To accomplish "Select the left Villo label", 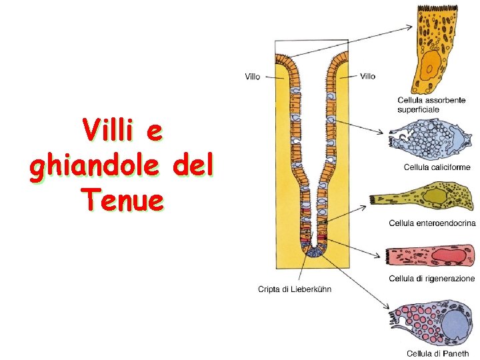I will point(252,77).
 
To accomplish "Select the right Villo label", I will point(367,76).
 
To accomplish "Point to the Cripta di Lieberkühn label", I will point(294,289).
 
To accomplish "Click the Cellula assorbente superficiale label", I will point(431,104).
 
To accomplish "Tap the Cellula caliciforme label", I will point(437,167).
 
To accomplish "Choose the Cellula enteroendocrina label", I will point(432,223).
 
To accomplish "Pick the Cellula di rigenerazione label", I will point(432,278).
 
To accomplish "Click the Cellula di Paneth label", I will point(437,353).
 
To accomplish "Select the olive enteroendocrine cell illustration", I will point(427,198).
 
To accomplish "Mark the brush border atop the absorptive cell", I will point(437,7).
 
